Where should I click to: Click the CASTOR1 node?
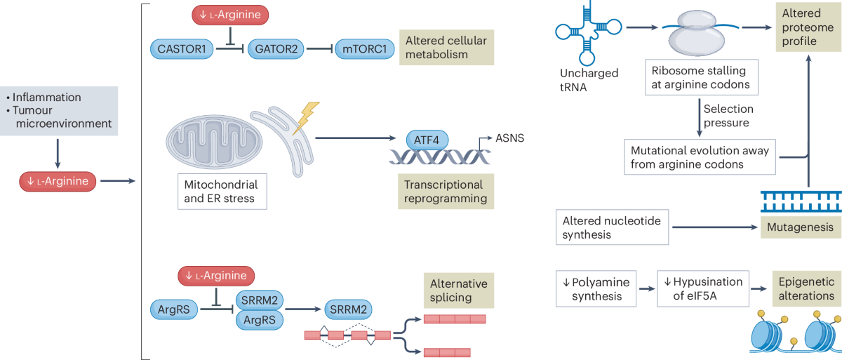click(182, 49)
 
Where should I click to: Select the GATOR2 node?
click(276, 49)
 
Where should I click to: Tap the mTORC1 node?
click(364, 49)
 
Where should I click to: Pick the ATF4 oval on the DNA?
click(427, 140)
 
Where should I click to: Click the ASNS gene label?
click(509, 138)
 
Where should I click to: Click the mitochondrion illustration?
click(214, 141)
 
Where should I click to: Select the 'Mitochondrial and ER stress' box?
click(222, 192)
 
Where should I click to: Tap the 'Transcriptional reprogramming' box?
click(446, 192)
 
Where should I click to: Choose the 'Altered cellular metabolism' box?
click(446, 47)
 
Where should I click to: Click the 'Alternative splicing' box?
click(459, 291)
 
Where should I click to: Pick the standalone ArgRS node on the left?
click(174, 309)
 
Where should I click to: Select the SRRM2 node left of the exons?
click(348, 309)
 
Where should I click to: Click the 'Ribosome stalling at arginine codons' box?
click(702, 77)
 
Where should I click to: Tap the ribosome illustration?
click(697, 33)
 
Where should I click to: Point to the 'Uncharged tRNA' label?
click(589, 80)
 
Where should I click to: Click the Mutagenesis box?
click(801, 227)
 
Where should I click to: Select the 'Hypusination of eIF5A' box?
click(703, 288)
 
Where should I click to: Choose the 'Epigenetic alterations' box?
click(807, 288)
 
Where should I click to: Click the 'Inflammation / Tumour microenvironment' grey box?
click(59, 111)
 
